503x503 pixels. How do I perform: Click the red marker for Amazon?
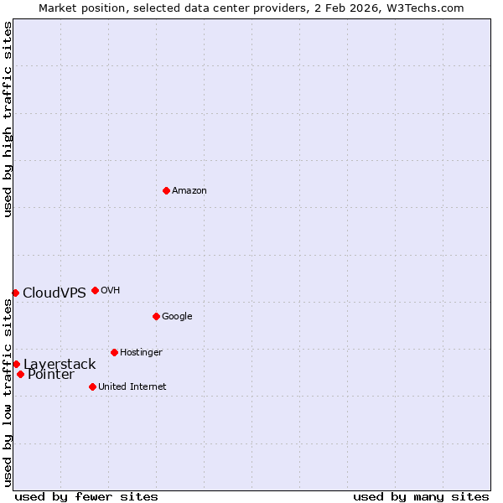166,190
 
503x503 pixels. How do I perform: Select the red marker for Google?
156,316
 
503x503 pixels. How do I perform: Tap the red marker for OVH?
95,290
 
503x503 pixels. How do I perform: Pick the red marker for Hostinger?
114,352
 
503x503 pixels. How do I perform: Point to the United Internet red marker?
92,386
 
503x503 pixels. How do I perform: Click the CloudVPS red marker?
15,293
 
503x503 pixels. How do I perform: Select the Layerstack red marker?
16,364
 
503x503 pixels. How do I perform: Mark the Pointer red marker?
20,374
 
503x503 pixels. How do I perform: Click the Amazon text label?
189,191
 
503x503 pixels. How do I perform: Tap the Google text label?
177,317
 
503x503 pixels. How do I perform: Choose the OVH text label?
111,291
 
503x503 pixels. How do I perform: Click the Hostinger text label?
141,353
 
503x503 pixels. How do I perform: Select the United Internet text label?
132,387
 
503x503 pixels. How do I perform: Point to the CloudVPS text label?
54,293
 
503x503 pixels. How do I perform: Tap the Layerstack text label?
60,365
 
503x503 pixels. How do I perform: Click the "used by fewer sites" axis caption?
86,497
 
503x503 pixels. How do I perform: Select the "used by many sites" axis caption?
421,497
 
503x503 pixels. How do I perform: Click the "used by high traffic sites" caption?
8,119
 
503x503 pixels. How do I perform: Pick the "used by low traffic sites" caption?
8,392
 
